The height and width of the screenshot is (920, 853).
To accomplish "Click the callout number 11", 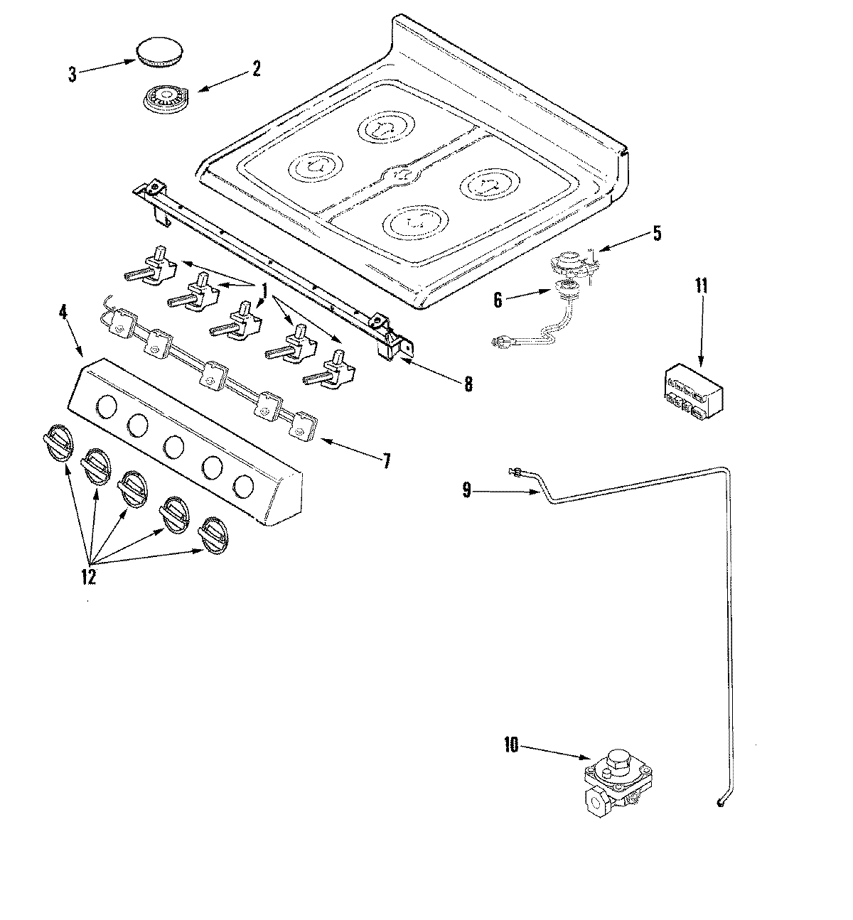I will coord(702,287).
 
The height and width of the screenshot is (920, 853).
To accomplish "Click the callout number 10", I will coord(512,745).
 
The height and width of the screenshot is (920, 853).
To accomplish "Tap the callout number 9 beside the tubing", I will coord(466,489).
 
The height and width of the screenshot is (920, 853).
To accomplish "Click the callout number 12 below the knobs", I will coord(88,577).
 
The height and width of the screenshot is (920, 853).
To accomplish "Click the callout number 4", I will coord(65,313).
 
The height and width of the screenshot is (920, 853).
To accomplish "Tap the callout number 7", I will coord(386,460).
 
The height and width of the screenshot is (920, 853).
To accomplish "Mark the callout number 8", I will coord(467,384).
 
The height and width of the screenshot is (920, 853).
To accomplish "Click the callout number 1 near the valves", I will coord(264,290).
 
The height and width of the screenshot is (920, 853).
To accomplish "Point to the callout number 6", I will coord(498,301).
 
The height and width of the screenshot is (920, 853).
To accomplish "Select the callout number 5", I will coord(656,233).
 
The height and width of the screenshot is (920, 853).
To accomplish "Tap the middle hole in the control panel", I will coord(173,446).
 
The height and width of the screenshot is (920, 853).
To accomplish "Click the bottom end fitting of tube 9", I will coord(721,803).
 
